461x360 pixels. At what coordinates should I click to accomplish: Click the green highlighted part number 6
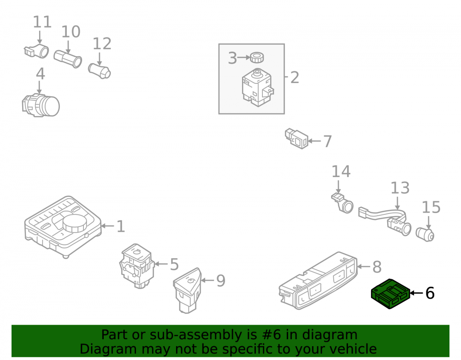coord(390,294)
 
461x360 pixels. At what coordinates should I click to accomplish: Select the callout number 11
coord(42,22)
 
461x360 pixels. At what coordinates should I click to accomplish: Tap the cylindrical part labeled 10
coord(68,59)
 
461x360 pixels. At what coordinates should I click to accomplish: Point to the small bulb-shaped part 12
coord(100,71)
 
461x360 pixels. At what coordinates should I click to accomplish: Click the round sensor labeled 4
coord(41,105)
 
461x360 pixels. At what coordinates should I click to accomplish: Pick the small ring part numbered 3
coord(257,57)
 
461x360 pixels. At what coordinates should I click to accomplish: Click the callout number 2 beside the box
coord(295,77)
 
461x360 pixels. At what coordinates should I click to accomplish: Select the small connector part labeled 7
coord(296,138)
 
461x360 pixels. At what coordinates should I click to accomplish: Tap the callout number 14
coord(341,171)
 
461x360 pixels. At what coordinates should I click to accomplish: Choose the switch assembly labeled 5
coord(137,266)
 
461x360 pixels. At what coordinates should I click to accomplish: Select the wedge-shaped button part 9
coord(188,290)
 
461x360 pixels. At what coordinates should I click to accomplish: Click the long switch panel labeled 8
coord(318,280)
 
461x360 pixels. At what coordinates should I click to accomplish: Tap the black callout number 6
coord(430,293)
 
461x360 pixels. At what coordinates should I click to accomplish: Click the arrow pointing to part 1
coord(107,226)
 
